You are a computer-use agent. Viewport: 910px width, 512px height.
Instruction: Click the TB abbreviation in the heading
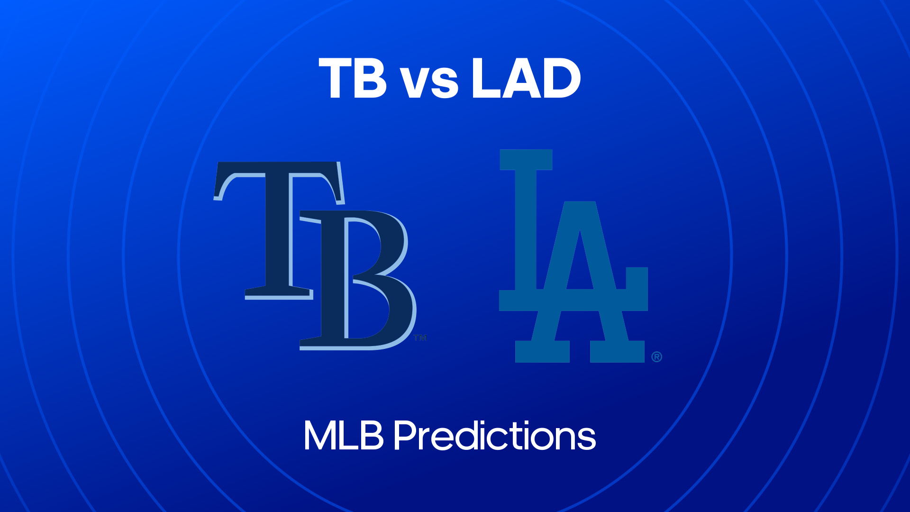coord(353,78)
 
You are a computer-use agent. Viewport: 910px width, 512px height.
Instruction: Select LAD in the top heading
coord(526,78)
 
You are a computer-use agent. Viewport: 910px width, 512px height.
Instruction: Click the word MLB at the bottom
coord(344,435)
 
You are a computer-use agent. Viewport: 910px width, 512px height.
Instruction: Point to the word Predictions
coord(495,435)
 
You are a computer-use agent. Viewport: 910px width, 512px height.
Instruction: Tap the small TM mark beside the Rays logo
coord(420,338)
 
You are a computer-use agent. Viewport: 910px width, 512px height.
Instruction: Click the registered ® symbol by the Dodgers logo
coord(656,357)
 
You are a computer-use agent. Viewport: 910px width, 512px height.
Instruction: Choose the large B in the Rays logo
coord(358,280)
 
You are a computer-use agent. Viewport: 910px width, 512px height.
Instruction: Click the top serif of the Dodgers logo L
coord(526,160)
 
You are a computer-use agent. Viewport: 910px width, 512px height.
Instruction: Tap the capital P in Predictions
coord(406,435)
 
